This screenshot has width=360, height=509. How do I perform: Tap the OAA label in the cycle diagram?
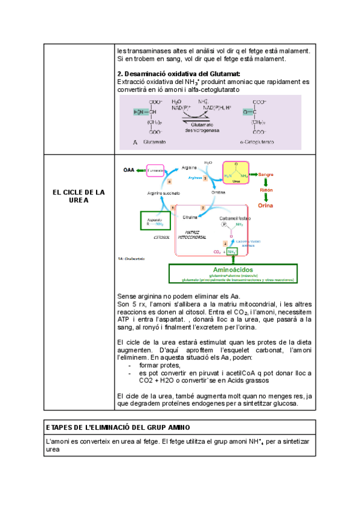[x=129, y=170]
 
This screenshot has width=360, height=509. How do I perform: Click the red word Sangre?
[x=266, y=174]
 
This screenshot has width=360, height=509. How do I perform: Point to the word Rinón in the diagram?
[x=266, y=190]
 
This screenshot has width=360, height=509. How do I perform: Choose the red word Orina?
[x=265, y=205]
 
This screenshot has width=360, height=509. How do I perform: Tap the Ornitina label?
[x=218, y=193]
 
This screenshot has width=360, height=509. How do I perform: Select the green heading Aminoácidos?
[x=239, y=270]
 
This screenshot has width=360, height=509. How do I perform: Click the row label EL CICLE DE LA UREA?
[x=79, y=196]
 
